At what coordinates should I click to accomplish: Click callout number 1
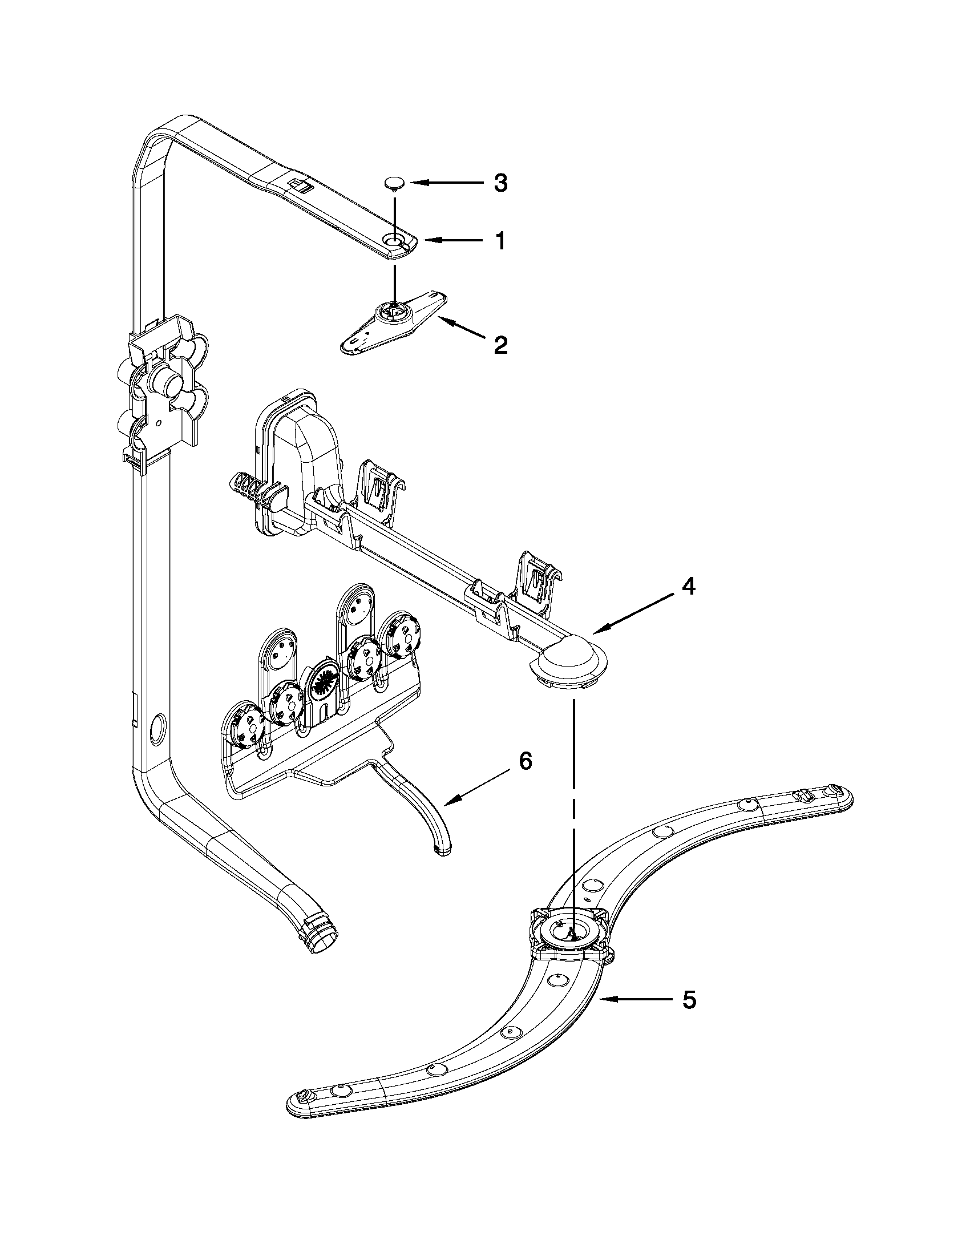pyautogui.click(x=501, y=241)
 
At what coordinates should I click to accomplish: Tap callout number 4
pyautogui.click(x=688, y=587)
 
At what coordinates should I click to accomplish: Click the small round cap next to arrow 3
pyautogui.click(x=394, y=183)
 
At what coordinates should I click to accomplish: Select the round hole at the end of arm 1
pyautogui.click(x=394, y=240)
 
